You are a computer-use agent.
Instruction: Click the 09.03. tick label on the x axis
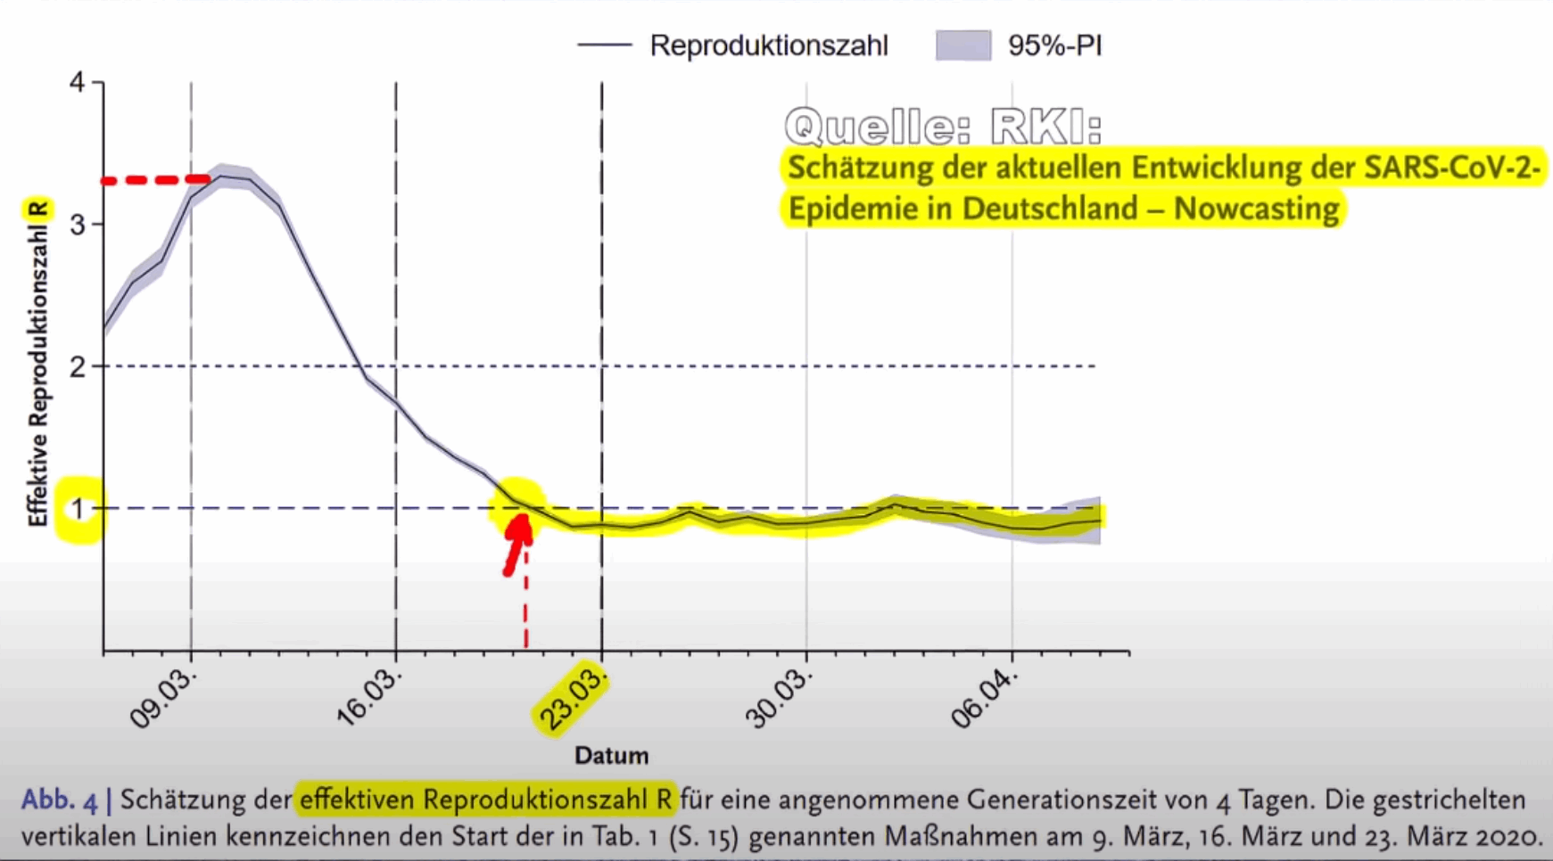(163, 699)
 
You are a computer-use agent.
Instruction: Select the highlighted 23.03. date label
(572, 700)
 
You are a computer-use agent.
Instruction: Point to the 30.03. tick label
(780, 699)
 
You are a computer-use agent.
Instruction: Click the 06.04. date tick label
(984, 699)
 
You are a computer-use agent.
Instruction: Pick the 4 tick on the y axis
(78, 83)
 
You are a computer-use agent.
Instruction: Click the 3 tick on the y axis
(78, 224)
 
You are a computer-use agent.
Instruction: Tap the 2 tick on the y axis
(78, 366)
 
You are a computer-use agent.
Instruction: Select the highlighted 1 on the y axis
(78, 509)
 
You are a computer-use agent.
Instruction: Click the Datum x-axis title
(611, 756)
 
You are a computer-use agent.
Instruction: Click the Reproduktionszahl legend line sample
(605, 45)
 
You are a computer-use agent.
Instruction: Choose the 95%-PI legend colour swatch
(963, 45)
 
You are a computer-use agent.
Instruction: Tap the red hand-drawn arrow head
(520, 528)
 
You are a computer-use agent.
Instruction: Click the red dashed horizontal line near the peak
(156, 180)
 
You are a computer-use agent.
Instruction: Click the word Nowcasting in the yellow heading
(1256, 209)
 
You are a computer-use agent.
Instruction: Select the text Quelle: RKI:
(943, 126)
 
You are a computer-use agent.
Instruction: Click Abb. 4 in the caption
(60, 799)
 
